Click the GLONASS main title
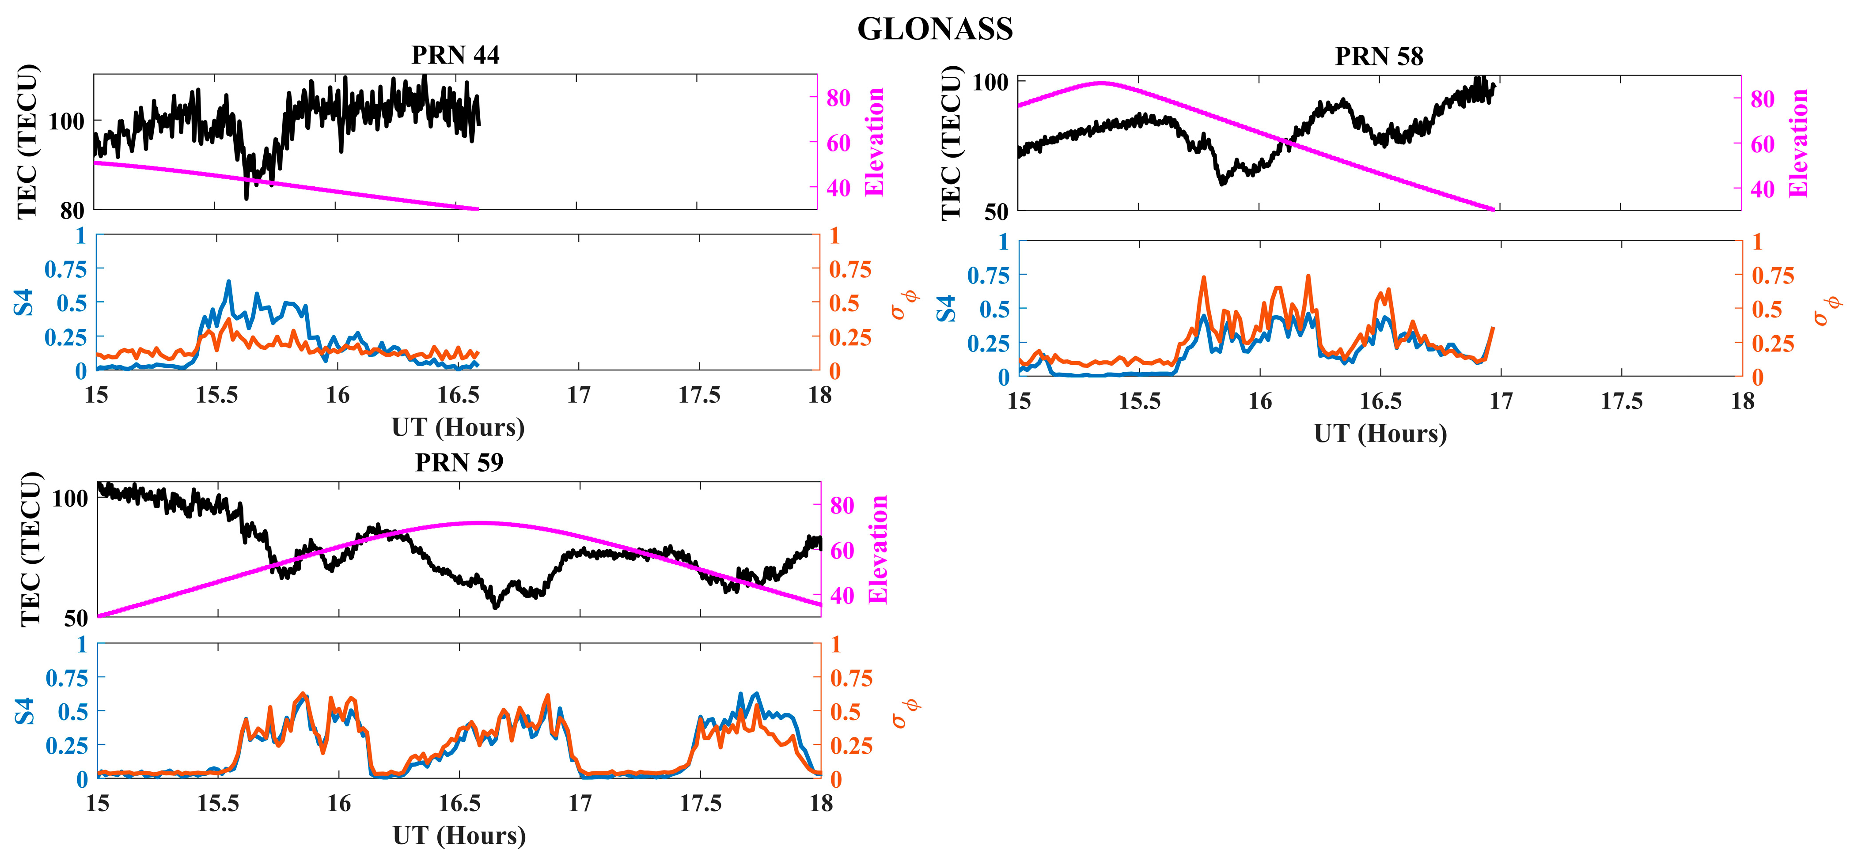coord(935,29)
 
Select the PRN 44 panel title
coord(455,55)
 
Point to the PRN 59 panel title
coord(459,462)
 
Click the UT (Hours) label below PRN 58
coord(1380,434)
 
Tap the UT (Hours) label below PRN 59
coord(459,836)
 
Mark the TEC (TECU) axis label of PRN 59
coord(30,550)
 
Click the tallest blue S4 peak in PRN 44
coord(229,282)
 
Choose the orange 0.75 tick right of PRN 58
coord(1772,276)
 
